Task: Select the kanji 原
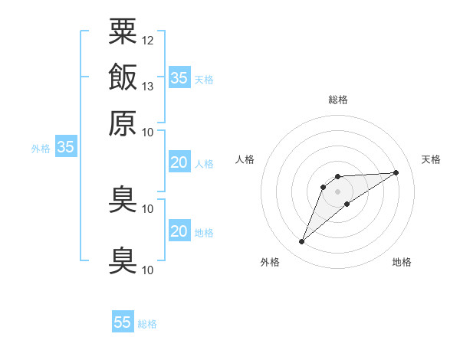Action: [x=123, y=123]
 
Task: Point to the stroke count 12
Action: [x=148, y=39]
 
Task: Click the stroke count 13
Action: [x=148, y=86]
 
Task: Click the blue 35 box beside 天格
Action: [x=179, y=77]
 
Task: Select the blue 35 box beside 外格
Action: [x=65, y=148]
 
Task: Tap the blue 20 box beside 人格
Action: [x=179, y=162]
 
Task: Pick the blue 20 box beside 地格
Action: [x=179, y=231]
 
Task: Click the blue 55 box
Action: [x=123, y=322]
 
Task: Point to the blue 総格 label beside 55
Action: [x=147, y=324]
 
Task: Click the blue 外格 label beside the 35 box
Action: [x=41, y=149]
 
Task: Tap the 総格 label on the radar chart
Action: [x=337, y=100]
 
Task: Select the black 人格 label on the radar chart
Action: [x=245, y=159]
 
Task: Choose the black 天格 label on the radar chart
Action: [x=432, y=159]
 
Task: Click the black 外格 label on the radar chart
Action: [x=270, y=262]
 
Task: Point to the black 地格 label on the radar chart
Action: [x=402, y=262]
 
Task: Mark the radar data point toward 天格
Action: [x=396, y=172]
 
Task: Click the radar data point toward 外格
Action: [x=301, y=242]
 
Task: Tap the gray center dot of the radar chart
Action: [x=337, y=191]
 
